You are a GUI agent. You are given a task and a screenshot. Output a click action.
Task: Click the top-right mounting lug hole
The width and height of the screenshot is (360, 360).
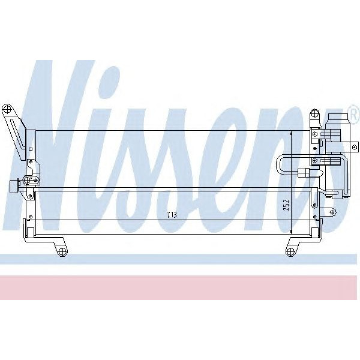(313, 114)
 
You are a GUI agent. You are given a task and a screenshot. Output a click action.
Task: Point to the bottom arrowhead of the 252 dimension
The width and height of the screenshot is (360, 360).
(291, 231)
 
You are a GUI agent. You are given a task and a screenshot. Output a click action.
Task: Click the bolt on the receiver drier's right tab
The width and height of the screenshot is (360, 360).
(355, 146)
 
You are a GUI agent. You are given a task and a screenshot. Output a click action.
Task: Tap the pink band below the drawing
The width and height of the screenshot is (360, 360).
(180, 287)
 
